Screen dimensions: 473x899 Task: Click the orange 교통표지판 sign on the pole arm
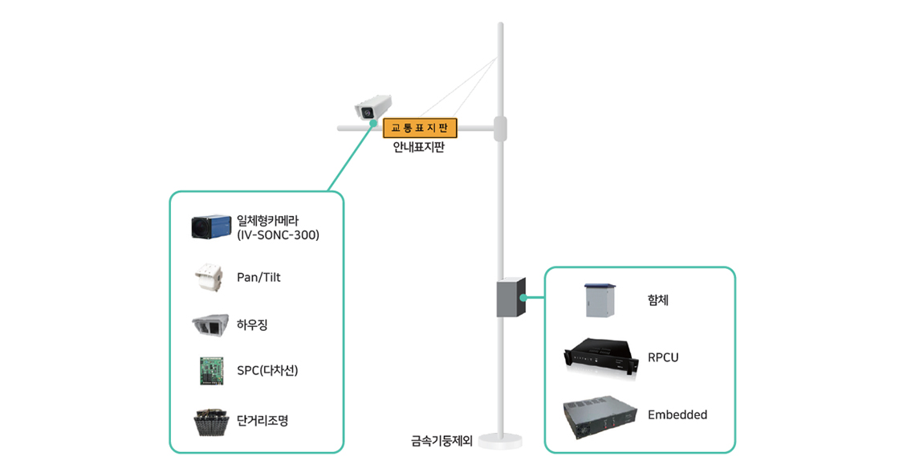click(x=420, y=128)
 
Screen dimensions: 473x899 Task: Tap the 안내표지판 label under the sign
click(x=418, y=148)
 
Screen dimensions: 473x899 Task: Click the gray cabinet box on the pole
click(x=511, y=297)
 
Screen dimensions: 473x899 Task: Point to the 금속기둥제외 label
click(x=441, y=440)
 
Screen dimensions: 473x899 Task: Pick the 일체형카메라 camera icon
click(x=211, y=227)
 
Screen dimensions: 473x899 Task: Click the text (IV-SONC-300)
click(x=278, y=235)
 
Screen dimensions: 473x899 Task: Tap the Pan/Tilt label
click(x=258, y=277)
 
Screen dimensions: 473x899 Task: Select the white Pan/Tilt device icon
click(x=211, y=277)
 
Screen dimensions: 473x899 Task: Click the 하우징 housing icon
click(x=210, y=324)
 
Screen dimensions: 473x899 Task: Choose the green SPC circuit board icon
click(x=211, y=370)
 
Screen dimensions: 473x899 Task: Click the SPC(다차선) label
click(x=267, y=371)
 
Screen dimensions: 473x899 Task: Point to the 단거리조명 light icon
click(x=211, y=422)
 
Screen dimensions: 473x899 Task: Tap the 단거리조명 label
click(x=262, y=421)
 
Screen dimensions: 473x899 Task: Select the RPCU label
click(x=663, y=357)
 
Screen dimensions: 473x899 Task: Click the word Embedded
click(x=677, y=415)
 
